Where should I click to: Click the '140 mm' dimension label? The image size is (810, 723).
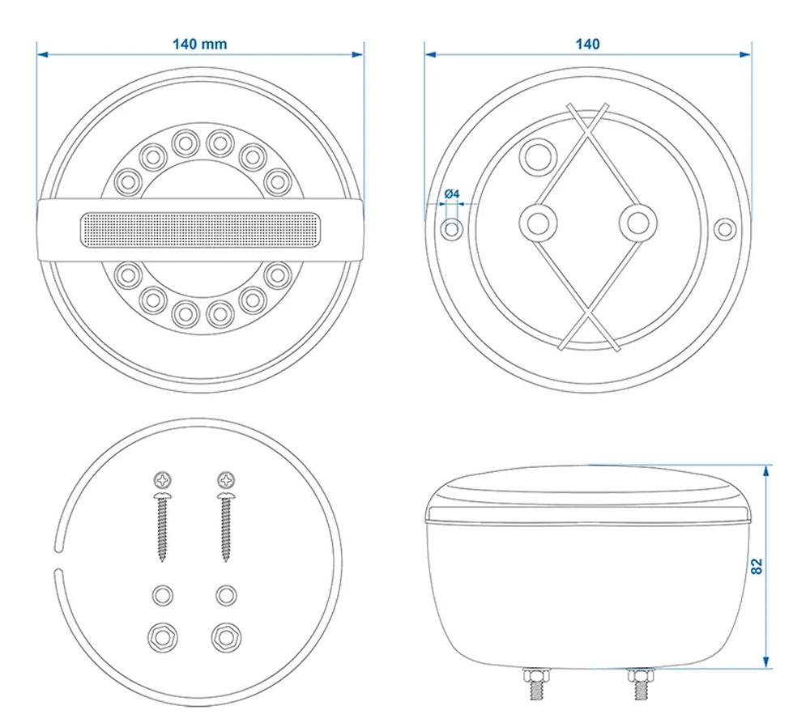coord(199,44)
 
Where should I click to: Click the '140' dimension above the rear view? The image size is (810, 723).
coord(587,44)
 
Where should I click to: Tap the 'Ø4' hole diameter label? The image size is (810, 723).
coord(452,194)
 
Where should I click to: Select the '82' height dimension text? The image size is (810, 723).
coord(757,566)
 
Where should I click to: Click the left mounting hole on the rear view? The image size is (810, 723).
coord(452,229)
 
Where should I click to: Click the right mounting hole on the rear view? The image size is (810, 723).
coord(725,229)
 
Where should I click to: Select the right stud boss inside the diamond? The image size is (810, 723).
coord(637,221)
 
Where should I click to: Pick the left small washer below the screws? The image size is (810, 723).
coord(163,596)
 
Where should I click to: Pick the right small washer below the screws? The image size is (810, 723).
coord(225,596)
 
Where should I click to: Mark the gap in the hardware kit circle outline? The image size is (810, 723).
coord(57,556)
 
